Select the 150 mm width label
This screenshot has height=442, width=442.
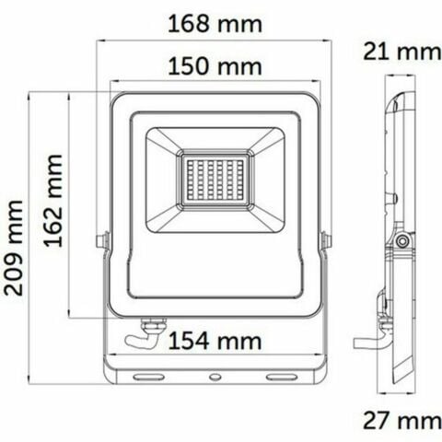[x=215, y=66]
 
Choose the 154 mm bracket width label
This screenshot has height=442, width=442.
[x=215, y=342]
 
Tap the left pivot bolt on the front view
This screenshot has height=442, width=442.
[x=102, y=241]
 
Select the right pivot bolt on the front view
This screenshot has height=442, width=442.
[x=325, y=241]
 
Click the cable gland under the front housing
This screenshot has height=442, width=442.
[x=151, y=324]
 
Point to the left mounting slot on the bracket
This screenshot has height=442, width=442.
[x=146, y=377]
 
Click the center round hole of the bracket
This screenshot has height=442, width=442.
[x=214, y=377]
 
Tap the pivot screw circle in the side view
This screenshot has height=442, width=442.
[x=401, y=241]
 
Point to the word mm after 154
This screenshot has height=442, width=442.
[x=241, y=342]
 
